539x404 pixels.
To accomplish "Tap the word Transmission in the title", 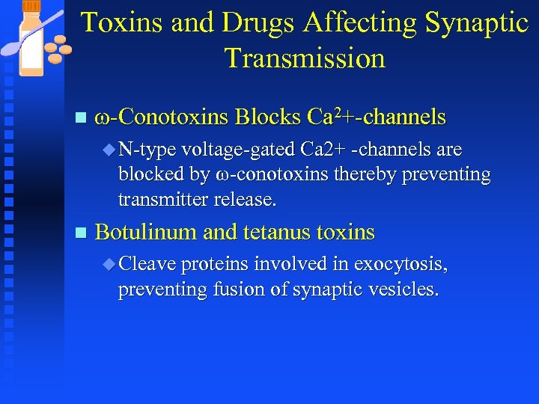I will (305, 58).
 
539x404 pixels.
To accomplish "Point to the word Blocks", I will (267, 117).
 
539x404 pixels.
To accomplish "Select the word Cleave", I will (147, 264).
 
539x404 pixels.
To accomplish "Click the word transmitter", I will (162, 200).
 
